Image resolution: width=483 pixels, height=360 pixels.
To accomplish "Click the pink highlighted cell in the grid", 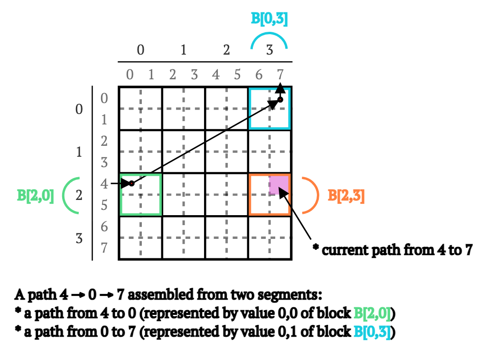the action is (279, 185).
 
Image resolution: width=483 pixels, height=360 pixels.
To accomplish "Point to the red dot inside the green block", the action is (132, 184).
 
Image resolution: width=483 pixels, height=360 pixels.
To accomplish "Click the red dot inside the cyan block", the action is (280, 100).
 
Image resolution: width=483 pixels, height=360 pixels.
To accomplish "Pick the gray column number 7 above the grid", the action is (280, 75).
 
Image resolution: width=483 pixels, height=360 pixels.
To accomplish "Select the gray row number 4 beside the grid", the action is (104, 184).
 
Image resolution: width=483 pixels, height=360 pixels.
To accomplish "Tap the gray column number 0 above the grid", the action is (130, 75).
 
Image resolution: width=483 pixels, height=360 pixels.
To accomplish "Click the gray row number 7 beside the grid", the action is (104, 248).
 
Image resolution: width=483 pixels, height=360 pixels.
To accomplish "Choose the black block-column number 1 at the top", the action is (183, 49).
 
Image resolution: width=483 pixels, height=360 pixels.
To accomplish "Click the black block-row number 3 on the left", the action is (79, 238).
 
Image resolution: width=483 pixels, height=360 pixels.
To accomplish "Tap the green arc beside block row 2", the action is (71, 195).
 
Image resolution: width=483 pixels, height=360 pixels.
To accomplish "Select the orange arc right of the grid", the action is (310, 195).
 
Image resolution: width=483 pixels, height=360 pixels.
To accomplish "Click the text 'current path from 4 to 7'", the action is (397, 250).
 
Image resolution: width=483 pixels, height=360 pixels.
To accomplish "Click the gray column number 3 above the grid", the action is (194, 75).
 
